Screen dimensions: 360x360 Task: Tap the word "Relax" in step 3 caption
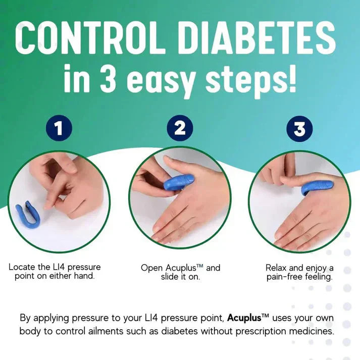(277, 268)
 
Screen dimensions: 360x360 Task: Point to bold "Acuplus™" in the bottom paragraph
(248, 318)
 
